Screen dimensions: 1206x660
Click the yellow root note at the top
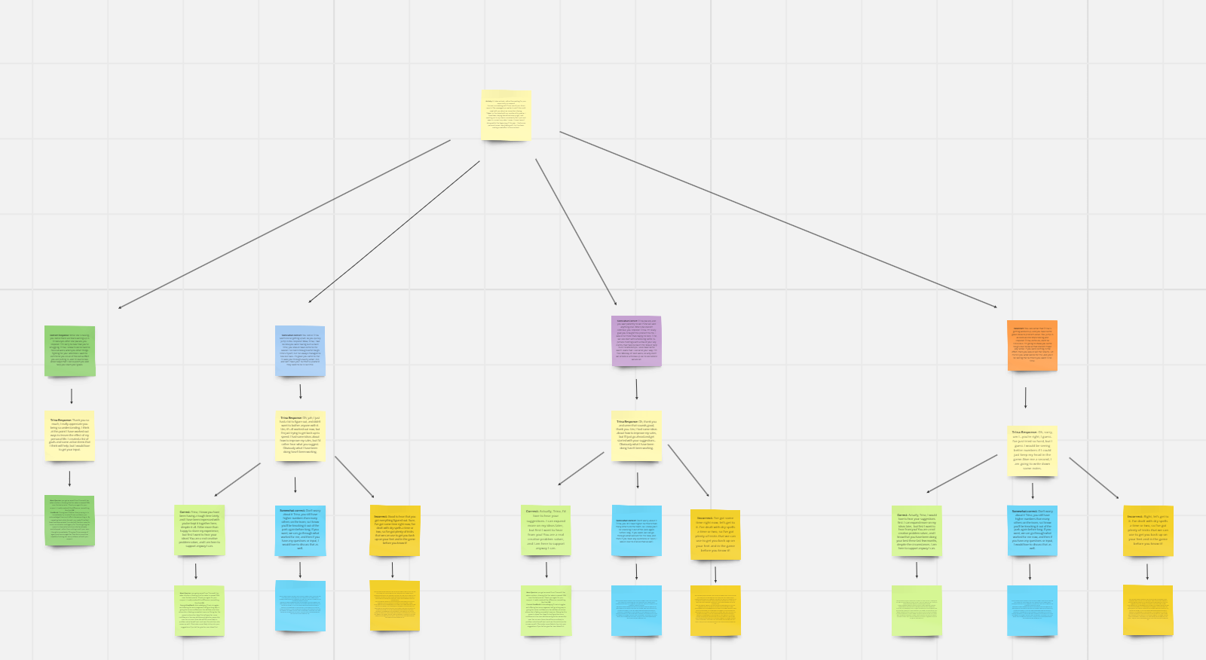click(x=507, y=115)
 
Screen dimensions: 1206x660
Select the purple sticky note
click(x=636, y=341)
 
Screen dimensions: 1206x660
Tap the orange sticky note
click(x=1032, y=345)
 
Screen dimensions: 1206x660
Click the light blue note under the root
click(x=300, y=351)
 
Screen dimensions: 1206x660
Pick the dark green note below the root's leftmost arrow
click(x=70, y=351)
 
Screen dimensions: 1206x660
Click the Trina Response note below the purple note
click(x=637, y=435)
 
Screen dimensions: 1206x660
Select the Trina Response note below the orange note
click(x=1032, y=451)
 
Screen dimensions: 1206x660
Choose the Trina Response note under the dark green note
click(x=69, y=435)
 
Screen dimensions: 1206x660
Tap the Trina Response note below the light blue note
click(x=300, y=435)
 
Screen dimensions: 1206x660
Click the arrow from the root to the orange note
click(x=776, y=219)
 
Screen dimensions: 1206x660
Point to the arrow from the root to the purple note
click(x=576, y=231)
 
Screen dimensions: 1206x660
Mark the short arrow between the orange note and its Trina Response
click(x=1025, y=398)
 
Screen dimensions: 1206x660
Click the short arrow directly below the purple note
click(x=637, y=390)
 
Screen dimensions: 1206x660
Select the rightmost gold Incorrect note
click(x=1148, y=531)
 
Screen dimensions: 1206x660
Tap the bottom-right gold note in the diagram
click(x=1148, y=610)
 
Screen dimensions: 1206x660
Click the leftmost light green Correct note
click(x=199, y=530)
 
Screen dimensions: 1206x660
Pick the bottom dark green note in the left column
click(x=69, y=521)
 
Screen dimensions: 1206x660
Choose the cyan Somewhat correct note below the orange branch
click(x=1032, y=531)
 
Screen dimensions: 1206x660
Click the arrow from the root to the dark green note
click(x=285, y=224)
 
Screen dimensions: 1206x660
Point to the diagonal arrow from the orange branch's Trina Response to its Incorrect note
click(x=1094, y=478)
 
